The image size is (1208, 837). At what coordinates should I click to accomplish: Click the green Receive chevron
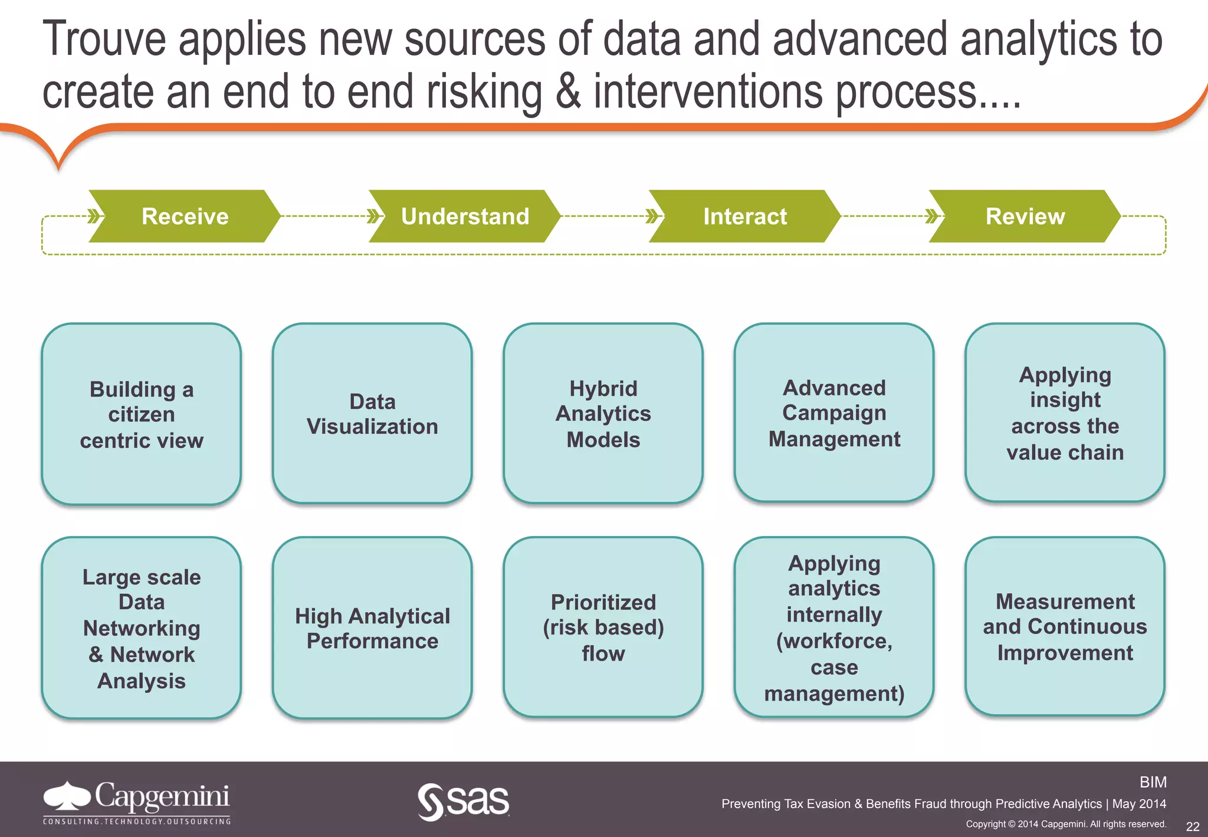pyautogui.click(x=185, y=216)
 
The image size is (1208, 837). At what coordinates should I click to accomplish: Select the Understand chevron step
pyautogui.click(x=465, y=216)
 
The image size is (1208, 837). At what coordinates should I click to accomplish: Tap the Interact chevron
pyautogui.click(x=744, y=216)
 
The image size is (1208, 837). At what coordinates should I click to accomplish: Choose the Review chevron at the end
pyautogui.click(x=1025, y=216)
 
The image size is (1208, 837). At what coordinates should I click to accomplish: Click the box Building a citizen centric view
pyautogui.click(x=142, y=414)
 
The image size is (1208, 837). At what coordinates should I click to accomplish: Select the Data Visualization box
pyautogui.click(x=372, y=414)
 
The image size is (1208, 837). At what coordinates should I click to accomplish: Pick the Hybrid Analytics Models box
pyautogui.click(x=603, y=414)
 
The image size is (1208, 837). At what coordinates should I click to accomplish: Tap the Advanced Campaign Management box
pyautogui.click(x=834, y=413)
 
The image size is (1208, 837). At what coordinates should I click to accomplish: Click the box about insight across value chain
pyautogui.click(x=1065, y=413)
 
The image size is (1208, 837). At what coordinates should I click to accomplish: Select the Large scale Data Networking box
pyautogui.click(x=142, y=628)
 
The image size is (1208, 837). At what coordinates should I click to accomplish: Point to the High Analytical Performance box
pyautogui.click(x=372, y=628)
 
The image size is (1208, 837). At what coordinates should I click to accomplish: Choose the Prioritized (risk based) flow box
pyautogui.click(x=603, y=627)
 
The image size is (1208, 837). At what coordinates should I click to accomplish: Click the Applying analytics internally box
pyautogui.click(x=834, y=627)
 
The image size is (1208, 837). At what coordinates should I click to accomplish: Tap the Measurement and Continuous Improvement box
pyautogui.click(x=1065, y=627)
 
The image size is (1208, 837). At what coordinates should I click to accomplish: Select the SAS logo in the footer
pyautogui.click(x=464, y=801)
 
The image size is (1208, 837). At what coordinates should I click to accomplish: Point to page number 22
pyautogui.click(x=1192, y=826)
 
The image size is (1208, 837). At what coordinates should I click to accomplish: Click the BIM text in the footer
pyautogui.click(x=1153, y=782)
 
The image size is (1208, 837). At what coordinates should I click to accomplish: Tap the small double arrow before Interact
pyautogui.click(x=652, y=216)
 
